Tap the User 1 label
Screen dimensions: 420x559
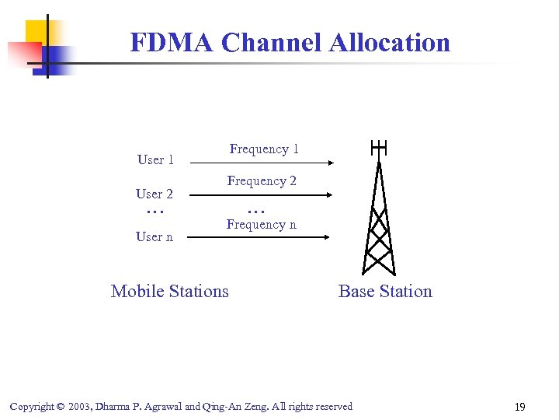coord(155,159)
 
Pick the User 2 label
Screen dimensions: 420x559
coord(155,194)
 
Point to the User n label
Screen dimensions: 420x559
coord(155,236)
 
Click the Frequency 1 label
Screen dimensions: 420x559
coord(264,149)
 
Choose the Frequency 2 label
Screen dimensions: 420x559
coord(262,181)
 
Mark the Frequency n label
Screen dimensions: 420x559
coord(261,225)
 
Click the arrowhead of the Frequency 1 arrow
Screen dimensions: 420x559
coord(330,163)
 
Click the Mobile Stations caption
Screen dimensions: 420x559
coord(170,292)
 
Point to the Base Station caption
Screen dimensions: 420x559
coord(385,292)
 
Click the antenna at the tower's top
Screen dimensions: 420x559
coord(379,148)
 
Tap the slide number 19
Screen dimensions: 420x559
coord(520,406)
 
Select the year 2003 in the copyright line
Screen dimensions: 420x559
coord(82,406)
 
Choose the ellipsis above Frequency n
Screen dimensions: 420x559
coord(256,211)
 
